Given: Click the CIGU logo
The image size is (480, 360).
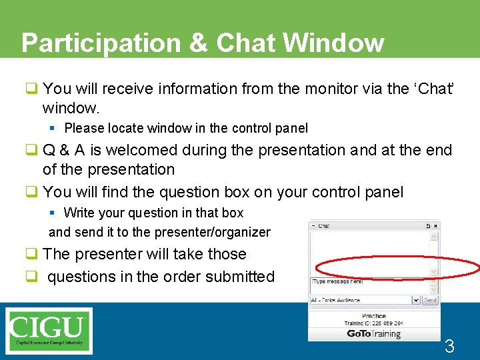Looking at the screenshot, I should point(49,329).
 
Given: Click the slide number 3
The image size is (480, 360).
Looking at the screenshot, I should point(449,346).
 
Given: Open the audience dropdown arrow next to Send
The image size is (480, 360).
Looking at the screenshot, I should point(416,300).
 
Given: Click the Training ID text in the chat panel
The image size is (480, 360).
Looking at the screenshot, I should point(373,323).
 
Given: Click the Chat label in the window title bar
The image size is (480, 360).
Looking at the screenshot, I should point(323,226).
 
